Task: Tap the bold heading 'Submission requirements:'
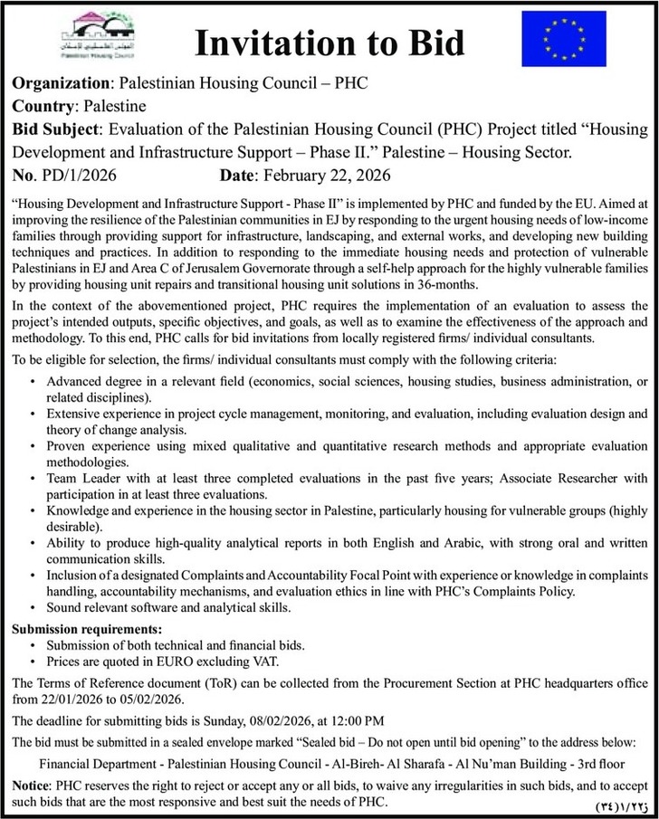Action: [86, 629]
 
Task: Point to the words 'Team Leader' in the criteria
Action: [82, 478]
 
